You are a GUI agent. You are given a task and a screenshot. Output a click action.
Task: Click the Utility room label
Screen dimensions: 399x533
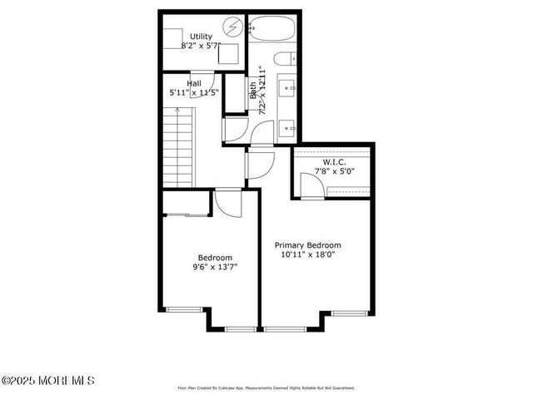tap(201, 36)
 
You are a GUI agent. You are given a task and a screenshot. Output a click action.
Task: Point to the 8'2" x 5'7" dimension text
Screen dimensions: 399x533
tap(201, 46)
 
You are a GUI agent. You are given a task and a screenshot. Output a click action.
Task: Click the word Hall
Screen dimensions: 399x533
tap(194, 83)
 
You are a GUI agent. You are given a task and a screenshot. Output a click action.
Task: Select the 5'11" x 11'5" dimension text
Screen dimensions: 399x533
tap(194, 93)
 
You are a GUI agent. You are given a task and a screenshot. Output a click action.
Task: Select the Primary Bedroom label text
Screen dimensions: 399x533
tap(308, 245)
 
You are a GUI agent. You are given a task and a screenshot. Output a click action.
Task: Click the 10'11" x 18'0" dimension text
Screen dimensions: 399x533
tap(308, 256)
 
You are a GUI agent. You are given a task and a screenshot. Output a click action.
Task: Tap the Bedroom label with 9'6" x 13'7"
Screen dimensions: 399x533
tap(215, 257)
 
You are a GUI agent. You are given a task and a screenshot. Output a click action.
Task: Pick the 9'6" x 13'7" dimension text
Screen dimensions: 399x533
tap(215, 268)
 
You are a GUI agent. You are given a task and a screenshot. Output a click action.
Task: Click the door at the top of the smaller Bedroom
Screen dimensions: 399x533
tap(227, 200)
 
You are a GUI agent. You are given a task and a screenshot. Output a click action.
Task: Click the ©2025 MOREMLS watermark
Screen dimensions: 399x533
tap(48, 381)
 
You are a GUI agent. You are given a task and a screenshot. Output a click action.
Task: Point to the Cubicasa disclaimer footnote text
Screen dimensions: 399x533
tap(266, 387)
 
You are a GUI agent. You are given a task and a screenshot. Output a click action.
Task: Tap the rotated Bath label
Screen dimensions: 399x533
tap(254, 90)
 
